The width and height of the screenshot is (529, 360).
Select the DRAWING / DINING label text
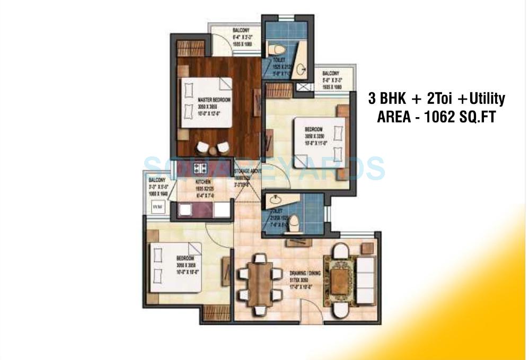(305, 274)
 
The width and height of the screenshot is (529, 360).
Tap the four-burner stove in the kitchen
(200, 168)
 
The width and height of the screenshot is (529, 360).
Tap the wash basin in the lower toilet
(276, 200)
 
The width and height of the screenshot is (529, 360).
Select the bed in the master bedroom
(206, 102)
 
